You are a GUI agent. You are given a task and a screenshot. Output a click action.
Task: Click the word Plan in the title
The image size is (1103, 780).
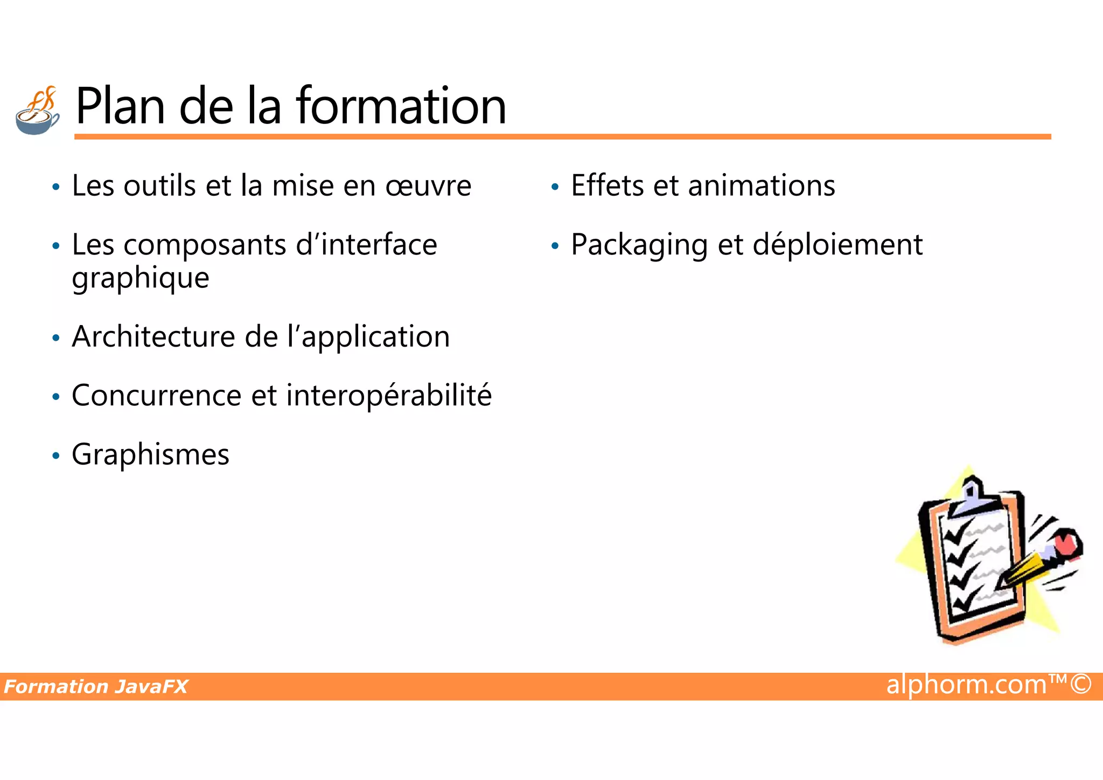(120, 106)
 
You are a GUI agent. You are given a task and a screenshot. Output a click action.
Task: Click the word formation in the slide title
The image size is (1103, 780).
(401, 106)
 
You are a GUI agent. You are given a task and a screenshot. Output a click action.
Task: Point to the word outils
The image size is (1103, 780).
(160, 187)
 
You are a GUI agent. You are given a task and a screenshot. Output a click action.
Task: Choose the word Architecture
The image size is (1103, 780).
(153, 337)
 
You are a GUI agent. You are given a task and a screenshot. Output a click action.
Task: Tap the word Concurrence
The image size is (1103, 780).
(157, 396)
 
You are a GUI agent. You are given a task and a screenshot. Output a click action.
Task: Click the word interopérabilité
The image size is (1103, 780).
(389, 396)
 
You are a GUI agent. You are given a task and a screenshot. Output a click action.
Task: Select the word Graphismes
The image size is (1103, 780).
(151, 455)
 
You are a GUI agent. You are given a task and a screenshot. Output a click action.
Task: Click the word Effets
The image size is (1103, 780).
(607, 187)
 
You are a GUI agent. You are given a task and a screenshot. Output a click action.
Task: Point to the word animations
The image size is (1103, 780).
(762, 187)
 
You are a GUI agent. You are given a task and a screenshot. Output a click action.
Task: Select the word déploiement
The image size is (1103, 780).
(837, 246)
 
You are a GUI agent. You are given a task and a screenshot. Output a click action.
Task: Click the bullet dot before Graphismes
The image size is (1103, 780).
(56, 456)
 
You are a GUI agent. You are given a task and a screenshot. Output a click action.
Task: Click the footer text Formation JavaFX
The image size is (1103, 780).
(96, 687)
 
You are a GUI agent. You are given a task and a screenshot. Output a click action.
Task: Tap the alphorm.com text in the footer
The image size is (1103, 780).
(967, 685)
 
